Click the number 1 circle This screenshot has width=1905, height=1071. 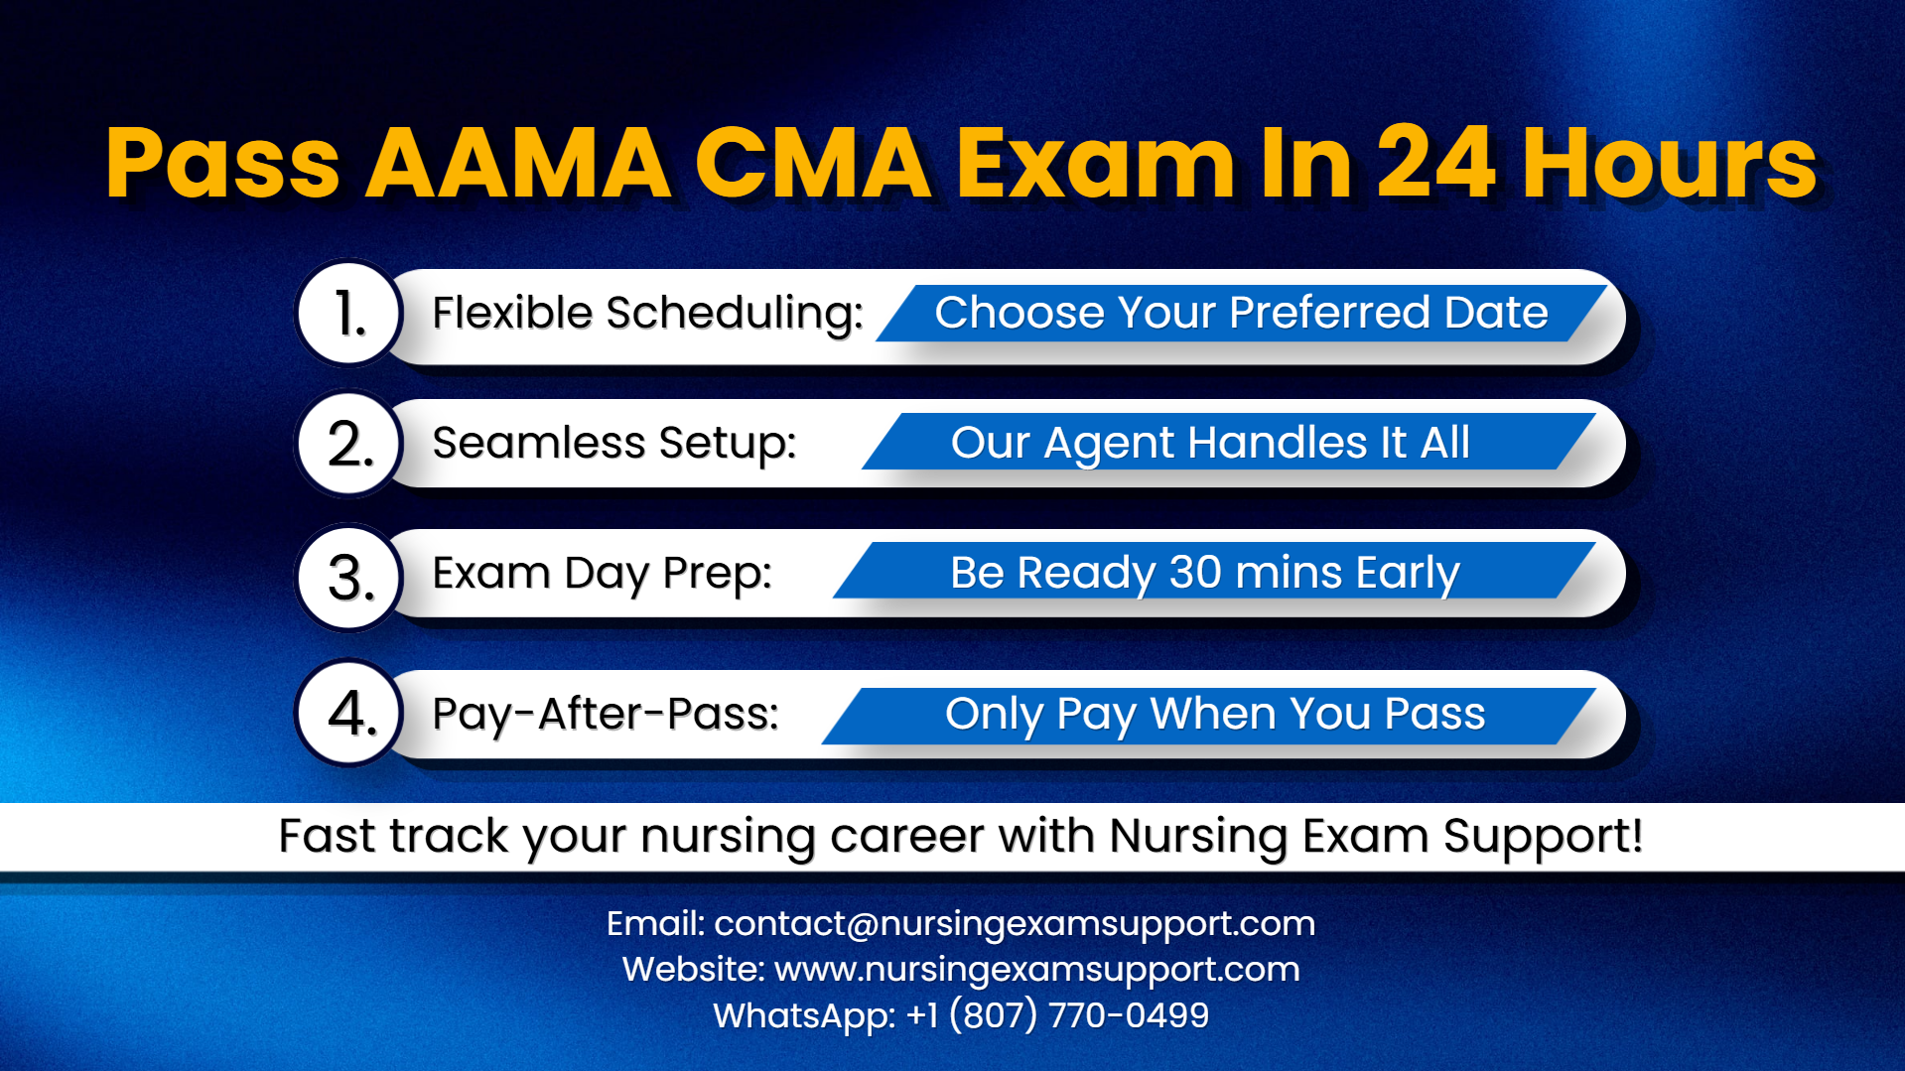click(348, 314)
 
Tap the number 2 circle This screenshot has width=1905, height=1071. click(348, 444)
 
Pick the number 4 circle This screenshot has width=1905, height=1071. click(348, 713)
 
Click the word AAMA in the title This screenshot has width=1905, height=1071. click(518, 163)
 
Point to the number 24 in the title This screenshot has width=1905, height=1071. click(1434, 163)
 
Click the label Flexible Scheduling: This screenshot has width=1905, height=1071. click(647, 314)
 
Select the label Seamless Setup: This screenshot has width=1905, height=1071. click(614, 444)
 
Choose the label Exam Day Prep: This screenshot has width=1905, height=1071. click(602, 574)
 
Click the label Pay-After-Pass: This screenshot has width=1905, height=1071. click(606, 714)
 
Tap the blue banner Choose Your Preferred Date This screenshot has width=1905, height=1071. click(1241, 314)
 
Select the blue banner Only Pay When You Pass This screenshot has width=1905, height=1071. click(1214, 715)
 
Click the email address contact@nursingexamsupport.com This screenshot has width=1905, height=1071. click(1015, 924)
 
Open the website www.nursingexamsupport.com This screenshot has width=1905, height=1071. click(1036, 970)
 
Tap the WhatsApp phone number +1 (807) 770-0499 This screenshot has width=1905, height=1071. click(1057, 1015)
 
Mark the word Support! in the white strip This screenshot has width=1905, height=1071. click(1543, 836)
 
